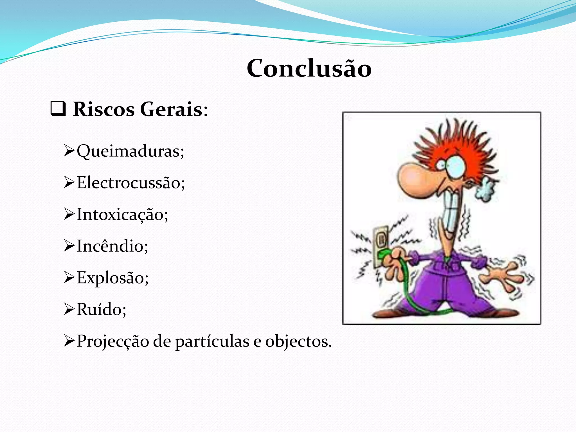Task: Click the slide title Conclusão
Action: click(x=309, y=68)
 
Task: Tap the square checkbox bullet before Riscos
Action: click(x=58, y=109)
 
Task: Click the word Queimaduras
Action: click(x=130, y=151)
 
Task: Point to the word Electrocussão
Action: click(x=130, y=183)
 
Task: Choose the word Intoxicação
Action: click(x=122, y=215)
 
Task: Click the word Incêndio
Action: click(x=112, y=246)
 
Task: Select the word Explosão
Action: click(x=112, y=278)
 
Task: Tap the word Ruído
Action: click(x=101, y=309)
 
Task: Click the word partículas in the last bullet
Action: click(x=212, y=342)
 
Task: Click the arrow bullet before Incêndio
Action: click(x=69, y=246)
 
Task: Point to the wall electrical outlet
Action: click(x=381, y=245)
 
